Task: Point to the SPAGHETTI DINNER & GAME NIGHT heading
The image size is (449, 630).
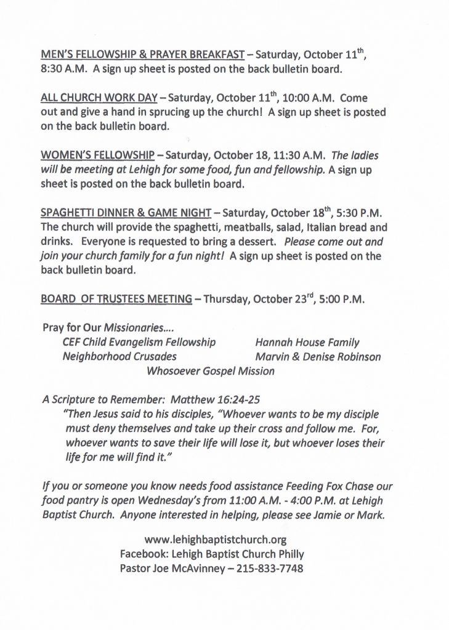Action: pos(126,213)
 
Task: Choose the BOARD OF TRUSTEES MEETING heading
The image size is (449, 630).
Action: pos(116,299)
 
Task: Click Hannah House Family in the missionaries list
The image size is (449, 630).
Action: pos(307,342)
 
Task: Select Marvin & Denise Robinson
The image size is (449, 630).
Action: pos(318,357)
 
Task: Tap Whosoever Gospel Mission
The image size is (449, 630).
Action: pos(211,372)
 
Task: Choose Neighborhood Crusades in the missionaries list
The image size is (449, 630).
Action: pos(119,357)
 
